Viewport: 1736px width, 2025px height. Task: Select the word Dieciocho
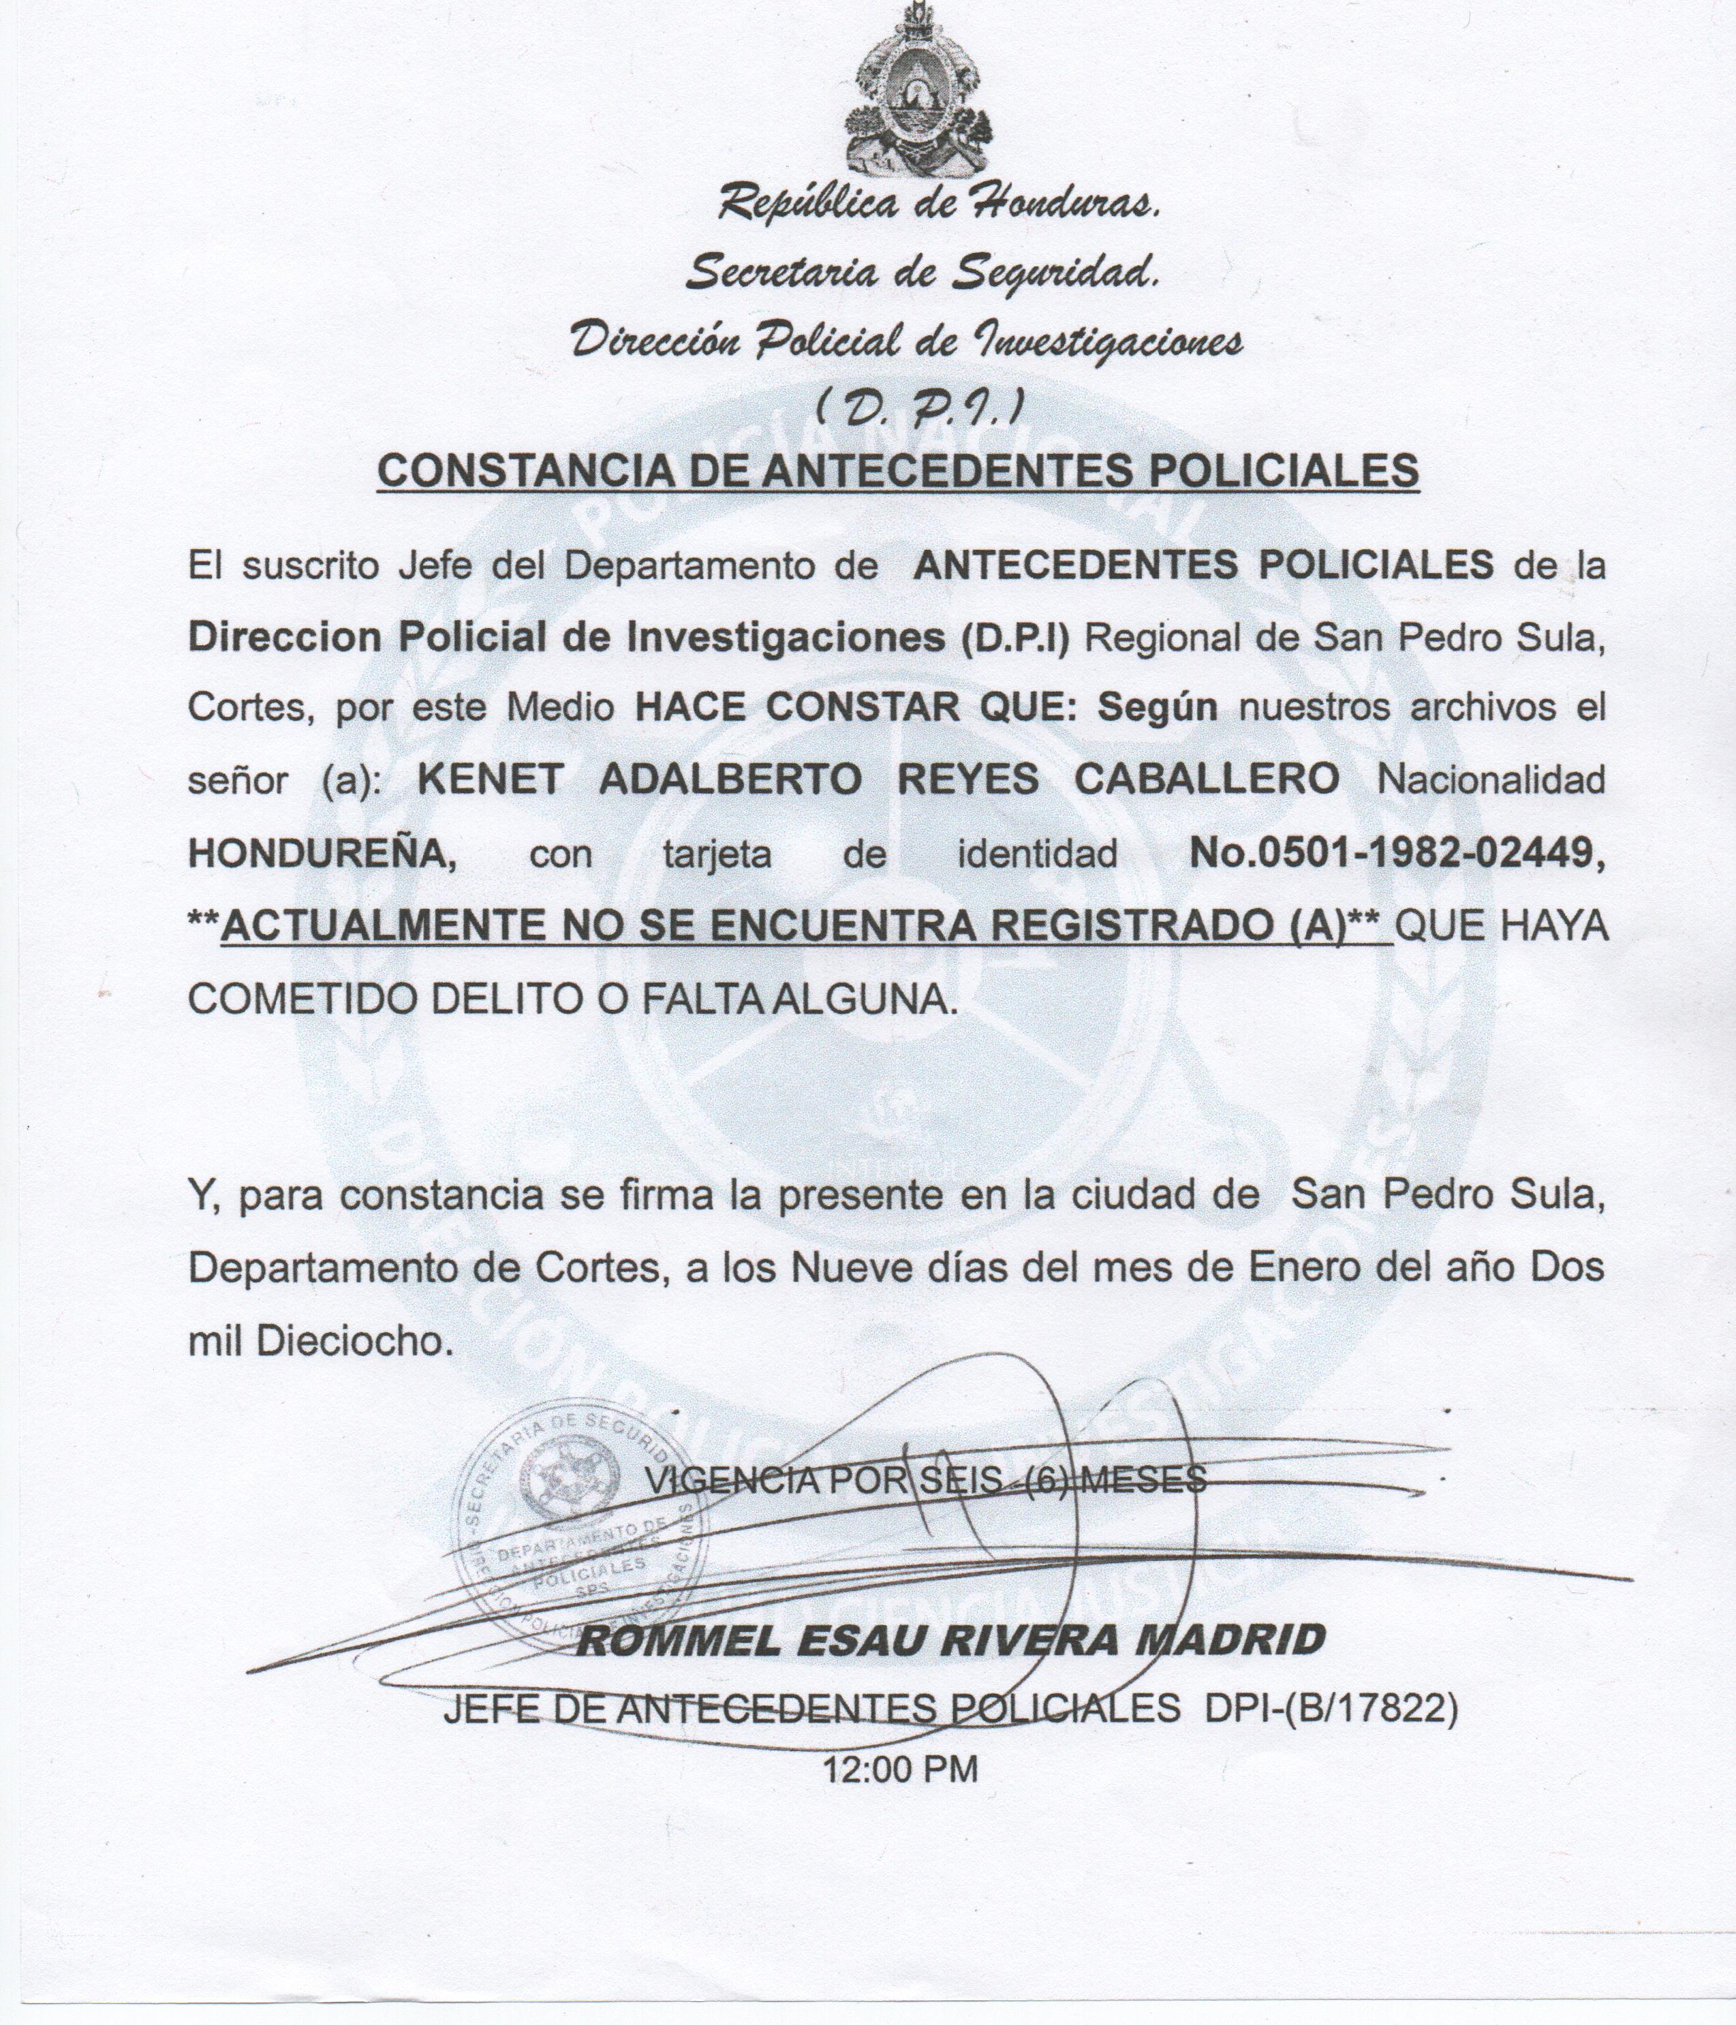(355, 1341)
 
